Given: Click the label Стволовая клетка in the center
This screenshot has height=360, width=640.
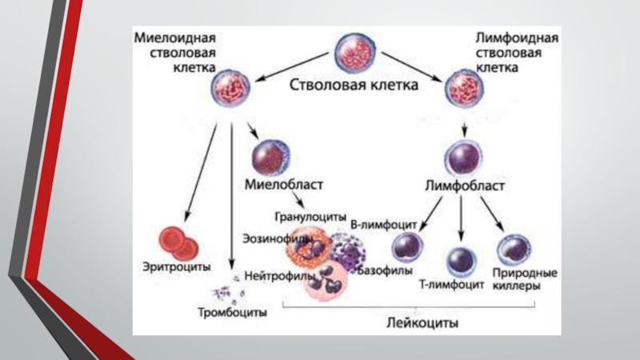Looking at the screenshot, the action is pos(354,85).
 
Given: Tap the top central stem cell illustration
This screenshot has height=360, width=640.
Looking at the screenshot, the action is pos(354,53).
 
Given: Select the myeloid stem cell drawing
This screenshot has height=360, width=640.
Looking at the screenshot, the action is pos(230,88).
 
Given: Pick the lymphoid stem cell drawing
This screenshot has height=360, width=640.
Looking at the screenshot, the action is pos(464,89).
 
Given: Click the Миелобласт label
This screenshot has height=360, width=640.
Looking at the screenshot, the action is pos(284,185).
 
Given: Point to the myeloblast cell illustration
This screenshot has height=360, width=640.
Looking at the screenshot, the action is pos(270,158).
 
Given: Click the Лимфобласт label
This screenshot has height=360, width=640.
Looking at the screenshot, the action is pos(465,186).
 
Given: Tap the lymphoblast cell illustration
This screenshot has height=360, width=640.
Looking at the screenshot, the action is pos(464,158).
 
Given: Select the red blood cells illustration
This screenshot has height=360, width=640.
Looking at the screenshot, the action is pos(178,244).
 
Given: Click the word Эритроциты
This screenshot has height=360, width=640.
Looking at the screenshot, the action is pos(177,267).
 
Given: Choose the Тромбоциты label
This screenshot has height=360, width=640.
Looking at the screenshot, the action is pos(232,313).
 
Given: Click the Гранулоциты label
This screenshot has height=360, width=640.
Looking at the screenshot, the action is pos(310,216).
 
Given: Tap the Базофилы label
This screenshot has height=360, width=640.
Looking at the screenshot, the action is pos(385,270).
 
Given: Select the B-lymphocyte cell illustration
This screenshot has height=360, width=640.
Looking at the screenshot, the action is pos(407,246).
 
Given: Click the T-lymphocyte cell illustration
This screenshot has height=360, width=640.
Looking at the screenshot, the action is pos(462,262).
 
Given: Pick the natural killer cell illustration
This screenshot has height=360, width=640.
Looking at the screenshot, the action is pos(514,250).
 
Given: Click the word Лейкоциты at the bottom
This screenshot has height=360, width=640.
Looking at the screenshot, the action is pos(422,323).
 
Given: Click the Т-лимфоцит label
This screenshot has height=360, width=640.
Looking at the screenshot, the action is pos(451,285).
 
